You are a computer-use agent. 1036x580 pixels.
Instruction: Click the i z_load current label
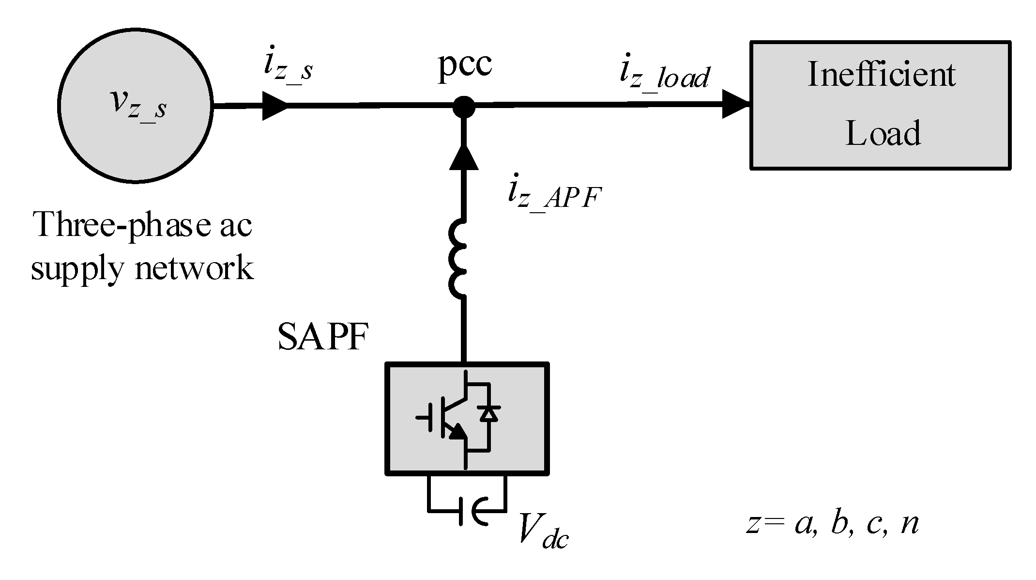pos(664,77)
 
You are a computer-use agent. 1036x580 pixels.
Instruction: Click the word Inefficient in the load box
pos(881,75)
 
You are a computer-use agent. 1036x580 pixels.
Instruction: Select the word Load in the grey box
pos(883,133)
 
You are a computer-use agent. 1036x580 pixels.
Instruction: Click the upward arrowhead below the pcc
pos(464,157)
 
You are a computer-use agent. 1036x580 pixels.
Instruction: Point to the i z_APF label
pos(554,196)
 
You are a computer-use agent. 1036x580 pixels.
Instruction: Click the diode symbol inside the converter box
pos(488,414)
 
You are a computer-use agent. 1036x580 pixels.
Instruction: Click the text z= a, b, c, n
pos(832,523)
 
